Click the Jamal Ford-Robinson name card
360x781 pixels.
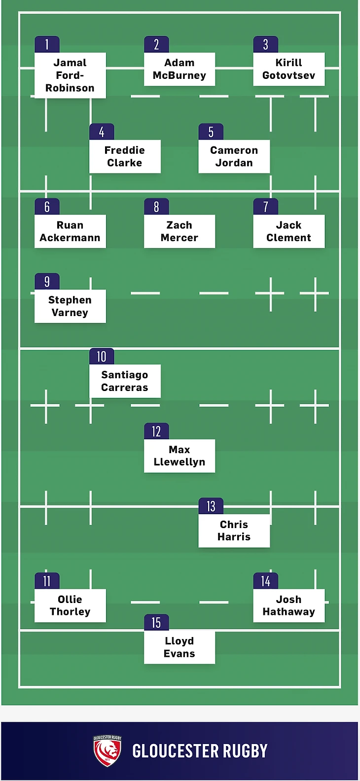(70, 75)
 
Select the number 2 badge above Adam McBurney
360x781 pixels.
(156, 44)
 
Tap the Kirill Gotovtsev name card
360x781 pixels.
(288, 69)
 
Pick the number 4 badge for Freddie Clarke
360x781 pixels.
(102, 132)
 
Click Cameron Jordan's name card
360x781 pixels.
(234, 156)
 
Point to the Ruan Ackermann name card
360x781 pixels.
(70, 231)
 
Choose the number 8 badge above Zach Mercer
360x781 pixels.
(156, 207)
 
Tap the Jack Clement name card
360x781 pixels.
(288, 231)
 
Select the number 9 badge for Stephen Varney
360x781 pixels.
(47, 281)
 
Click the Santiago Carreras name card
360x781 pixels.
(125, 381)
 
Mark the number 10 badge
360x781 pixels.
(102, 356)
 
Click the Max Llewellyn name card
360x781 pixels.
(179, 456)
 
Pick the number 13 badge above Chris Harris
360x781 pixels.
(211, 506)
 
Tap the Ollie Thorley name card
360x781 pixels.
(70, 605)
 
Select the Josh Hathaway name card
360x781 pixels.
(288, 605)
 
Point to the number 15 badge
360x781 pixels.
(156, 622)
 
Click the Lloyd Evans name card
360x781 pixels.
(179, 647)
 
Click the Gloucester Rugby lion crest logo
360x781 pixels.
(108, 751)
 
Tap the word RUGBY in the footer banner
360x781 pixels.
(245, 751)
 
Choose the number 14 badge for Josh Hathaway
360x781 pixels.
(266, 581)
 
